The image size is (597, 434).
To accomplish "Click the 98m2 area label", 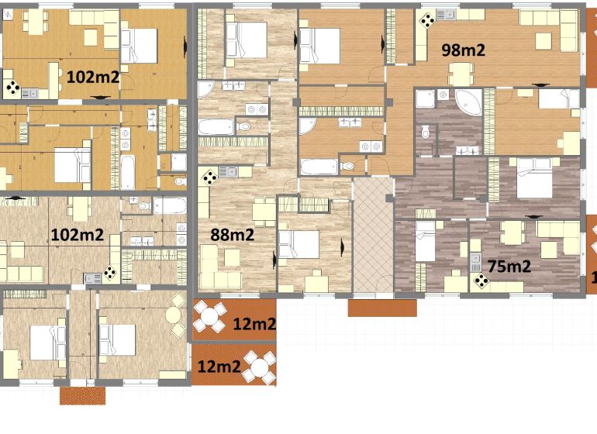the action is tap(463, 50).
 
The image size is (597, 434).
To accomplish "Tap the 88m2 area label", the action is tap(232, 235).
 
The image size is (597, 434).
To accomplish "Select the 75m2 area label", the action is tap(509, 266).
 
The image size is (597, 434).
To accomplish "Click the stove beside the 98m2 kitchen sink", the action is tap(427, 21).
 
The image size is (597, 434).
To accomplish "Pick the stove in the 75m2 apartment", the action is tap(481, 281).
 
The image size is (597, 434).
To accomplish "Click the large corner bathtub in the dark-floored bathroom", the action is tap(469, 102).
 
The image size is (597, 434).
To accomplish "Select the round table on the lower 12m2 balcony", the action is tap(260, 367).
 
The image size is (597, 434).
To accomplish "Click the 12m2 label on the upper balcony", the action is tap(254, 324).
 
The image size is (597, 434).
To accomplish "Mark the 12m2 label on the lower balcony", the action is tap(219, 367).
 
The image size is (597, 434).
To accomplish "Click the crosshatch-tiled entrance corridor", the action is tap(373, 236).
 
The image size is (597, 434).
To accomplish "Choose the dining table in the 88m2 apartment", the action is tap(264, 212).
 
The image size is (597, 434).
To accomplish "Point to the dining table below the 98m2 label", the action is tap(461, 74).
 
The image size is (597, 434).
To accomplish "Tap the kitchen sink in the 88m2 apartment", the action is tap(228, 172).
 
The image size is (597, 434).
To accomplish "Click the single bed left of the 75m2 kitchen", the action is tap(425, 241).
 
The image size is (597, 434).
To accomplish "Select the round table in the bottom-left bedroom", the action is tap(173, 315).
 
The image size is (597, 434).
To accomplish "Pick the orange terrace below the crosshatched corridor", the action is tap(382, 308).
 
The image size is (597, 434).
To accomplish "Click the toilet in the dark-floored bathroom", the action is tap(426, 132).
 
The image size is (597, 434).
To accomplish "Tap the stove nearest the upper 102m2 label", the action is tap(13, 88).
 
